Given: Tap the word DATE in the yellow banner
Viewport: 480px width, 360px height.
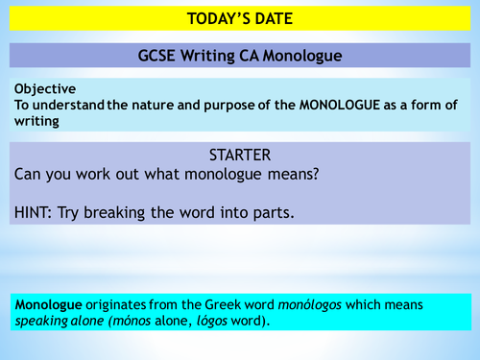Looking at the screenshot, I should click(274, 18).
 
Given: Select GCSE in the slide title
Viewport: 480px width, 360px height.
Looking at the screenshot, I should click(157, 56).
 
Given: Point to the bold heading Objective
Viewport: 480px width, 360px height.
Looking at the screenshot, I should click(45, 88).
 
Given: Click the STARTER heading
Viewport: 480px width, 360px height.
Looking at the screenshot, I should click(240, 154).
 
